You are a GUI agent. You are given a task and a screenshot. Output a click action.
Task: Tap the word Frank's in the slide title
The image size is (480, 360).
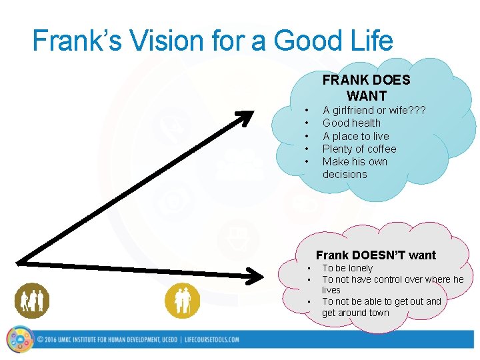click(71, 41)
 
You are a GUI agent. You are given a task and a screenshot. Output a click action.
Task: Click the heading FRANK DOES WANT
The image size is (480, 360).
click(366, 87)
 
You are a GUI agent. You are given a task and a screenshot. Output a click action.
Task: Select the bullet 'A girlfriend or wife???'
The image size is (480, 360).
click(374, 110)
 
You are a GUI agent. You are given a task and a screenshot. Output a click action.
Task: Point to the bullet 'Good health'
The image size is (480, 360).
click(351, 123)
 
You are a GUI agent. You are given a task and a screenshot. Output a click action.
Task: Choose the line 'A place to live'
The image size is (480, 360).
click(355, 136)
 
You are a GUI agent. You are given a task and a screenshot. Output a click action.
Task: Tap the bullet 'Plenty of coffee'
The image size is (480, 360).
click(359, 149)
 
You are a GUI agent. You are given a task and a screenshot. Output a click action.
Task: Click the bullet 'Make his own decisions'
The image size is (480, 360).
click(354, 167)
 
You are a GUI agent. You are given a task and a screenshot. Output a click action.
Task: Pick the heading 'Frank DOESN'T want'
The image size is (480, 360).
click(375, 255)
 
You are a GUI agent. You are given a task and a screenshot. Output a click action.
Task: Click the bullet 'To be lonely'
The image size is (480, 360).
click(347, 268)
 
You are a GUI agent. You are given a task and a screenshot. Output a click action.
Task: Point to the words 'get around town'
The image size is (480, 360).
click(355, 313)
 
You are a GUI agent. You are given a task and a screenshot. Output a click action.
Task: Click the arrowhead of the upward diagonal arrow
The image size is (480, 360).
click(247, 118)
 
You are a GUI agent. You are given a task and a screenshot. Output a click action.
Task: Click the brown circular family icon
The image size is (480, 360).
click(32, 301)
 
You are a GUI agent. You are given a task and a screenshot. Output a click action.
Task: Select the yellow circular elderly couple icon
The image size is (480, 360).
click(182, 301)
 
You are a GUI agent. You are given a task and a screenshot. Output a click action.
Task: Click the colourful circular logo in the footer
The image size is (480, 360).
click(19, 339)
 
